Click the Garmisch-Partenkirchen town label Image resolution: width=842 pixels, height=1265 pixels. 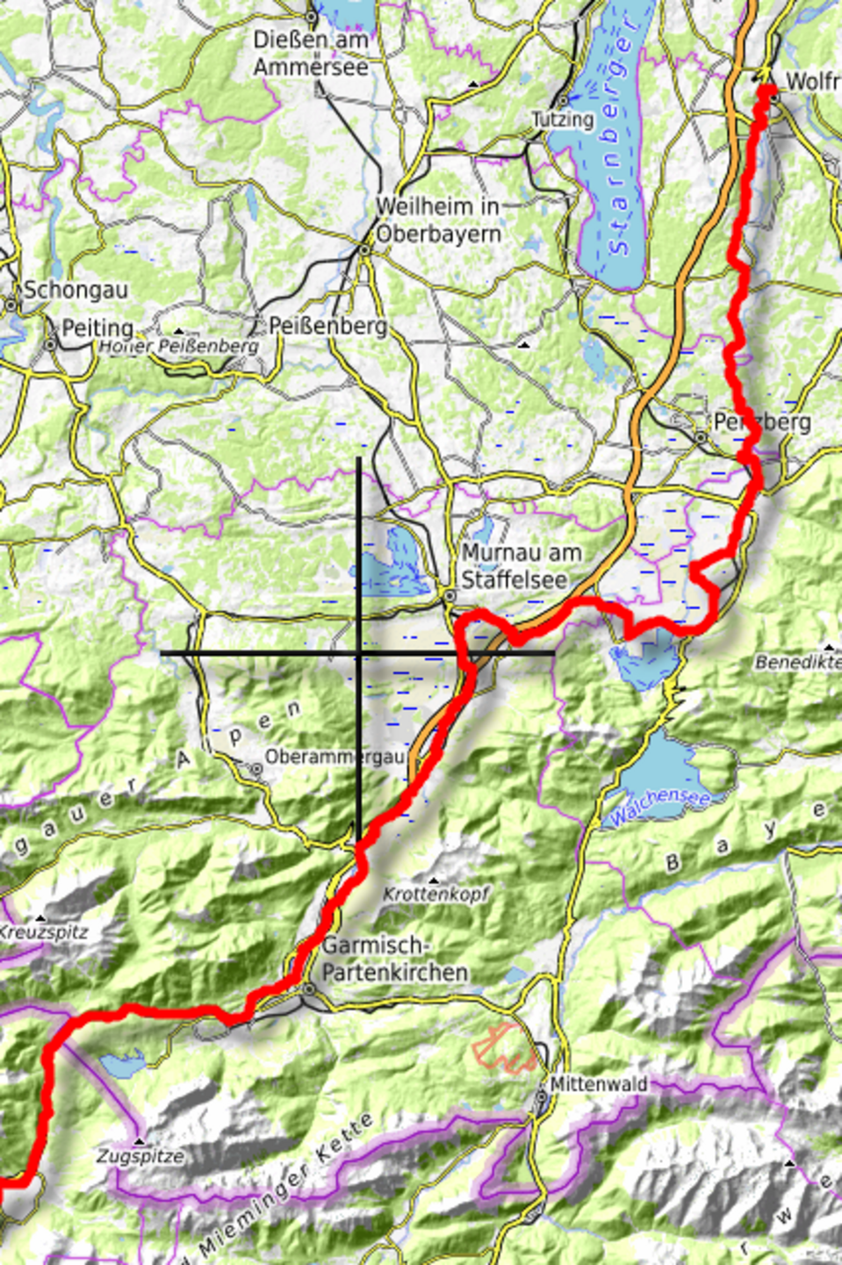point(394,959)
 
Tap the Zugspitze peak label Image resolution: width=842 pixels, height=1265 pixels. point(140,1156)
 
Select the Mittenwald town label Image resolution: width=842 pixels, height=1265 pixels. point(599,1084)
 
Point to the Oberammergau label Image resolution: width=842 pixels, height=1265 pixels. point(335,756)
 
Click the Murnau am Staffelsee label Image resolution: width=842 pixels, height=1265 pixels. point(521,566)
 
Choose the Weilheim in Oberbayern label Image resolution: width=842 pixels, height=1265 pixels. point(438,220)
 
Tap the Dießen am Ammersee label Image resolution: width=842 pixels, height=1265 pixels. point(311,53)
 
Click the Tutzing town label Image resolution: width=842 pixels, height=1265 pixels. point(563,119)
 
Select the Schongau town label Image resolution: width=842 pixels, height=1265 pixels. point(76,290)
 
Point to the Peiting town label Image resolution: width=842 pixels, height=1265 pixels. point(97,328)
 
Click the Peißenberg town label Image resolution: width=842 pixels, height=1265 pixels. point(327,326)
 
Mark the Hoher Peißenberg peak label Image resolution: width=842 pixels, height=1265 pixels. point(179,346)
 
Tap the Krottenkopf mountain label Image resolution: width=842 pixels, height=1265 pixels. point(435,894)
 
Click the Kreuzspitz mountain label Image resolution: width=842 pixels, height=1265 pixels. point(43,931)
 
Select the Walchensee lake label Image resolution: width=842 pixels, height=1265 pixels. point(659,806)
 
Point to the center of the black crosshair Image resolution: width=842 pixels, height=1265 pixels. point(358,653)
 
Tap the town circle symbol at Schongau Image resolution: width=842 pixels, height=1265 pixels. point(11,305)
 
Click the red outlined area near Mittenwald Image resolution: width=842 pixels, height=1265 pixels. point(504,1047)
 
